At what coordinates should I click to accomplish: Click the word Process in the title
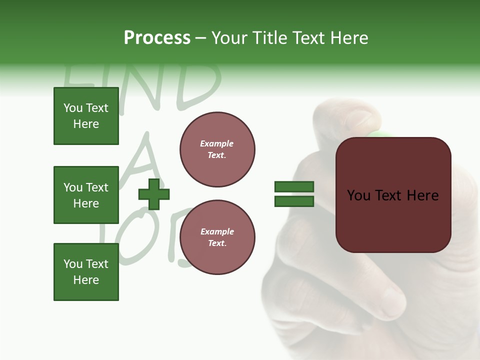click(x=157, y=38)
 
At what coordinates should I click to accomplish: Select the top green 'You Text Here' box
click(x=86, y=116)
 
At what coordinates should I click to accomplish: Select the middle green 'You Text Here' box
click(x=86, y=195)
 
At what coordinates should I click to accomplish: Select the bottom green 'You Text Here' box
click(x=86, y=272)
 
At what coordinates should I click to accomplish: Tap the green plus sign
click(x=154, y=194)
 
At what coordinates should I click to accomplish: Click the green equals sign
click(x=294, y=194)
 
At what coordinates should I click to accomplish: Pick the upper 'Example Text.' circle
click(x=217, y=149)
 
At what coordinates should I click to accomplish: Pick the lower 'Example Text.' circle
click(x=217, y=237)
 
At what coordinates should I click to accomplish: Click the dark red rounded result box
click(x=393, y=194)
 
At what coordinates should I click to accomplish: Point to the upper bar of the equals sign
click(x=294, y=187)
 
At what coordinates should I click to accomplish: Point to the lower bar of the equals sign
click(x=294, y=201)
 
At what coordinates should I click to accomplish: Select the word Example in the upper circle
click(x=217, y=143)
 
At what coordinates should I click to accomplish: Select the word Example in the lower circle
click(x=217, y=231)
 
